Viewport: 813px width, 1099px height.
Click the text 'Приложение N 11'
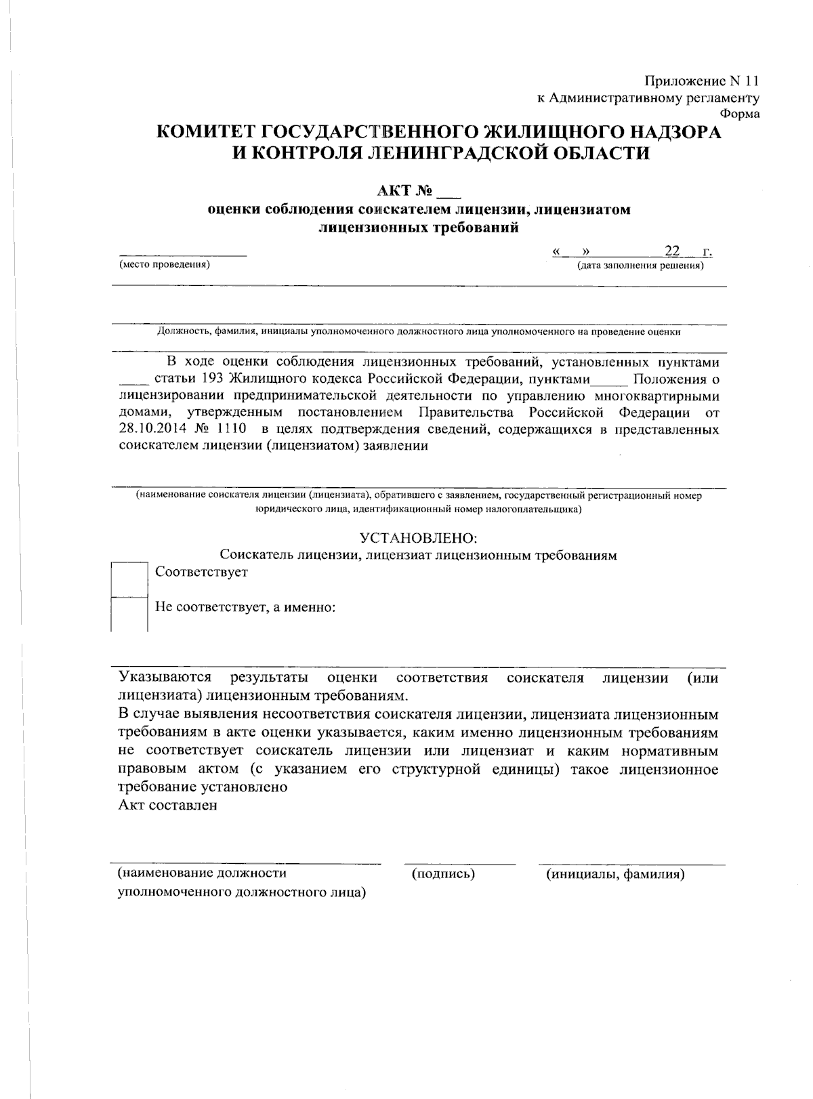point(701,81)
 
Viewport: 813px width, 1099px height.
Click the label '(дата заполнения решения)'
point(640,266)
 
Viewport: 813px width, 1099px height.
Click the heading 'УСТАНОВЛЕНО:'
point(418,538)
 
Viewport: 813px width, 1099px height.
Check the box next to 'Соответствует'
point(129,579)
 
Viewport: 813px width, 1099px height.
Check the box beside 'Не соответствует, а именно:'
point(129,615)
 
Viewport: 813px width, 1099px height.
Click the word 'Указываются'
point(165,678)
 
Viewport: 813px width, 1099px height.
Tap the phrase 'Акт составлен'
point(167,805)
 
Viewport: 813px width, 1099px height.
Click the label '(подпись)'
point(443,874)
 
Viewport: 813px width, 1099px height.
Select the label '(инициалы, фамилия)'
point(615,874)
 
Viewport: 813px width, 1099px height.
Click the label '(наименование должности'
point(202,873)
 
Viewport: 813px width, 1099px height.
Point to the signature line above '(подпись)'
point(459,865)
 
